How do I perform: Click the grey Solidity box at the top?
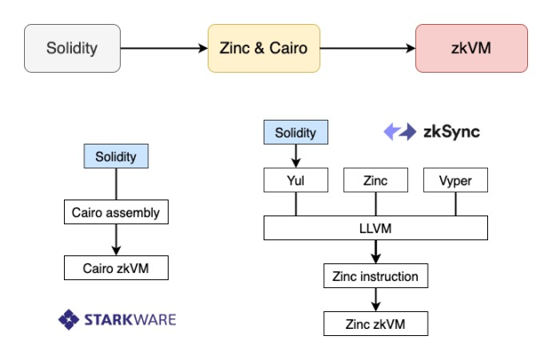pos(72,48)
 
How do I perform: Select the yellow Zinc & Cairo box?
pos(264,48)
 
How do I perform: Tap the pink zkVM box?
pos(471,48)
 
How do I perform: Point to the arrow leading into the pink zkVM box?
pos(367,48)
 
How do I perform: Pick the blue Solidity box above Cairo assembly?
pos(116,157)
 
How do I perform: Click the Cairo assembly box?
pos(116,213)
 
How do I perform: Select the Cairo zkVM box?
pos(116,267)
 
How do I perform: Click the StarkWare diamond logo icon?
pos(69,319)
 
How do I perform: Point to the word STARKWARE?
pos(130,319)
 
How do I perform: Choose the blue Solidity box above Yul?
pos(296,133)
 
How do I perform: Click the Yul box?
pos(296,181)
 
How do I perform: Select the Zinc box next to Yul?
pos(375,181)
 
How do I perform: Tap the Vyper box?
pos(455,181)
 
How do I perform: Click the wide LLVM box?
pos(375,229)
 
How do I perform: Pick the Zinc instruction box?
pos(375,277)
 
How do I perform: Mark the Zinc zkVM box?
pos(375,324)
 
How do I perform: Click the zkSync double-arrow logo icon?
pos(399,132)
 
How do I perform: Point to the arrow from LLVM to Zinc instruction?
pos(375,252)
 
